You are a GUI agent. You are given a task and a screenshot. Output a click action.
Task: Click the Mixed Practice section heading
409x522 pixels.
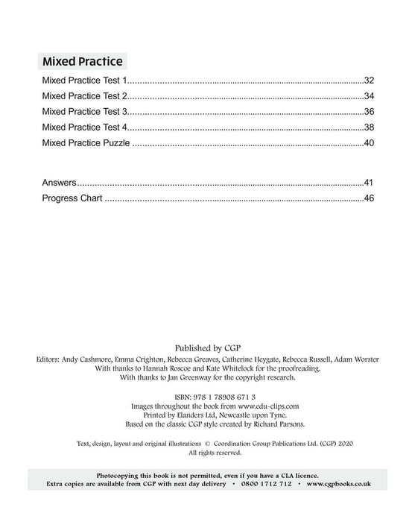[83, 60]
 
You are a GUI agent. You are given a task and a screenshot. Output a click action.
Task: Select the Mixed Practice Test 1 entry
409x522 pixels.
[86, 80]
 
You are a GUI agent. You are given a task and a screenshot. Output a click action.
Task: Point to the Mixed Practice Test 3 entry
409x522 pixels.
[86, 111]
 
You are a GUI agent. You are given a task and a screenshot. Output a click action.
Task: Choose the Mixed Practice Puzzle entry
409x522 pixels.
[86, 142]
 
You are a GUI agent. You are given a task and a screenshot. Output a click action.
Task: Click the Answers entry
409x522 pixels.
[60, 183]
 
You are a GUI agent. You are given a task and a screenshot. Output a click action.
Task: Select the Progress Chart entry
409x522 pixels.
[73, 198]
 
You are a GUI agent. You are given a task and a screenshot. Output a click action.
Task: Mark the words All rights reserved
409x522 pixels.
[204, 452]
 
